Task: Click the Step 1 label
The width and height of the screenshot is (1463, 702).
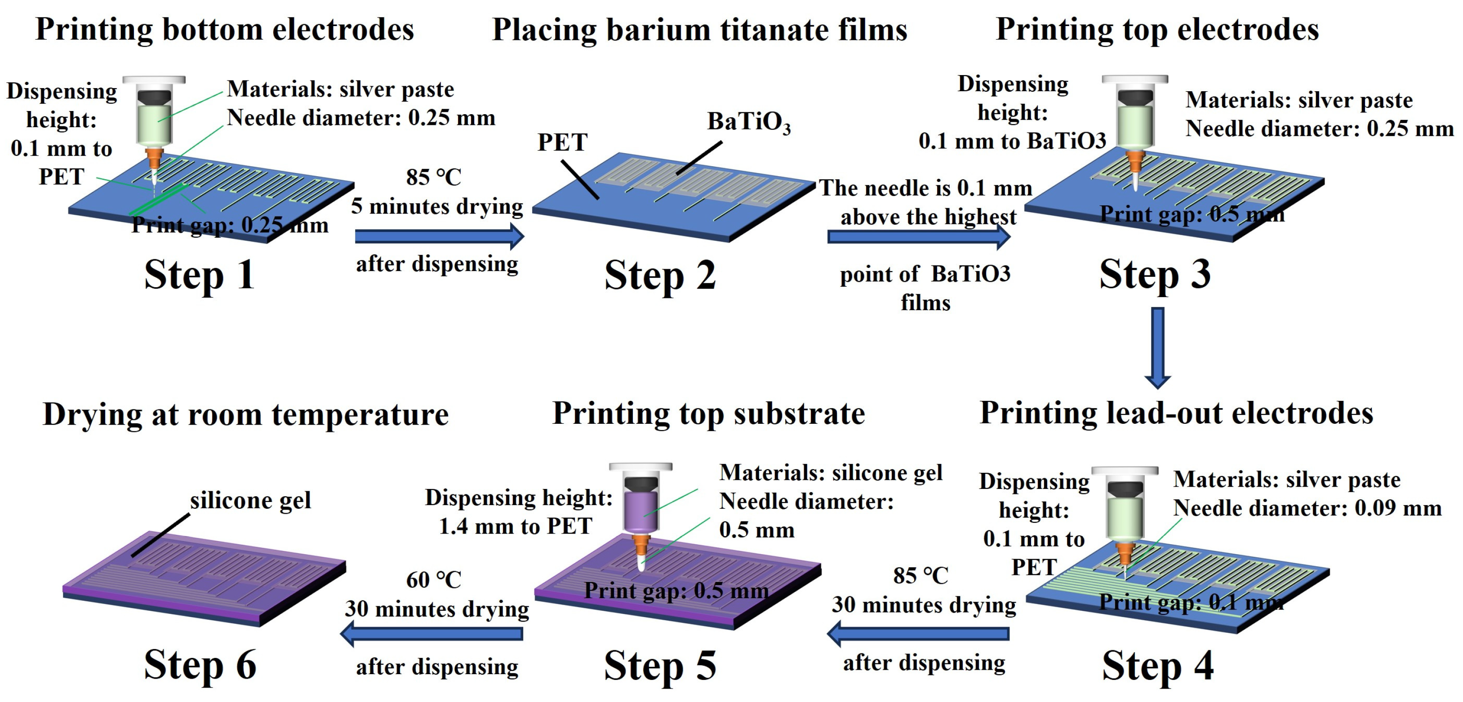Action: pos(200,275)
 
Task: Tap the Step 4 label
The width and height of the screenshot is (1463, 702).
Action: pos(1157,666)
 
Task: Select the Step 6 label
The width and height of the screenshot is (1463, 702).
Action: pos(200,665)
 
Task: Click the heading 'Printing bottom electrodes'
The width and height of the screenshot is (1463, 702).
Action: pos(224,30)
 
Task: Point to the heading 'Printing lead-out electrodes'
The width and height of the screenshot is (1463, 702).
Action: pos(1176,413)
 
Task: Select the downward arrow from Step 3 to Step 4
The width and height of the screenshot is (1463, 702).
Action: pos(1157,347)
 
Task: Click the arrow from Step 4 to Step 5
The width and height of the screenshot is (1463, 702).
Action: pos(918,633)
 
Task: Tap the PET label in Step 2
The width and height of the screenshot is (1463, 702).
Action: pos(562,142)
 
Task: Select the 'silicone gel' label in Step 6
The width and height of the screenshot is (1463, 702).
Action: pos(250,500)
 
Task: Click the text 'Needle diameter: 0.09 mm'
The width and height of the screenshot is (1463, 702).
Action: pos(1307,508)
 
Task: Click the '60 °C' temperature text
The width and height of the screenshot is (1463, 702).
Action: pos(433,580)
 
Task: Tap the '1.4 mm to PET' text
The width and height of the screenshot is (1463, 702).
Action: pos(515,526)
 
